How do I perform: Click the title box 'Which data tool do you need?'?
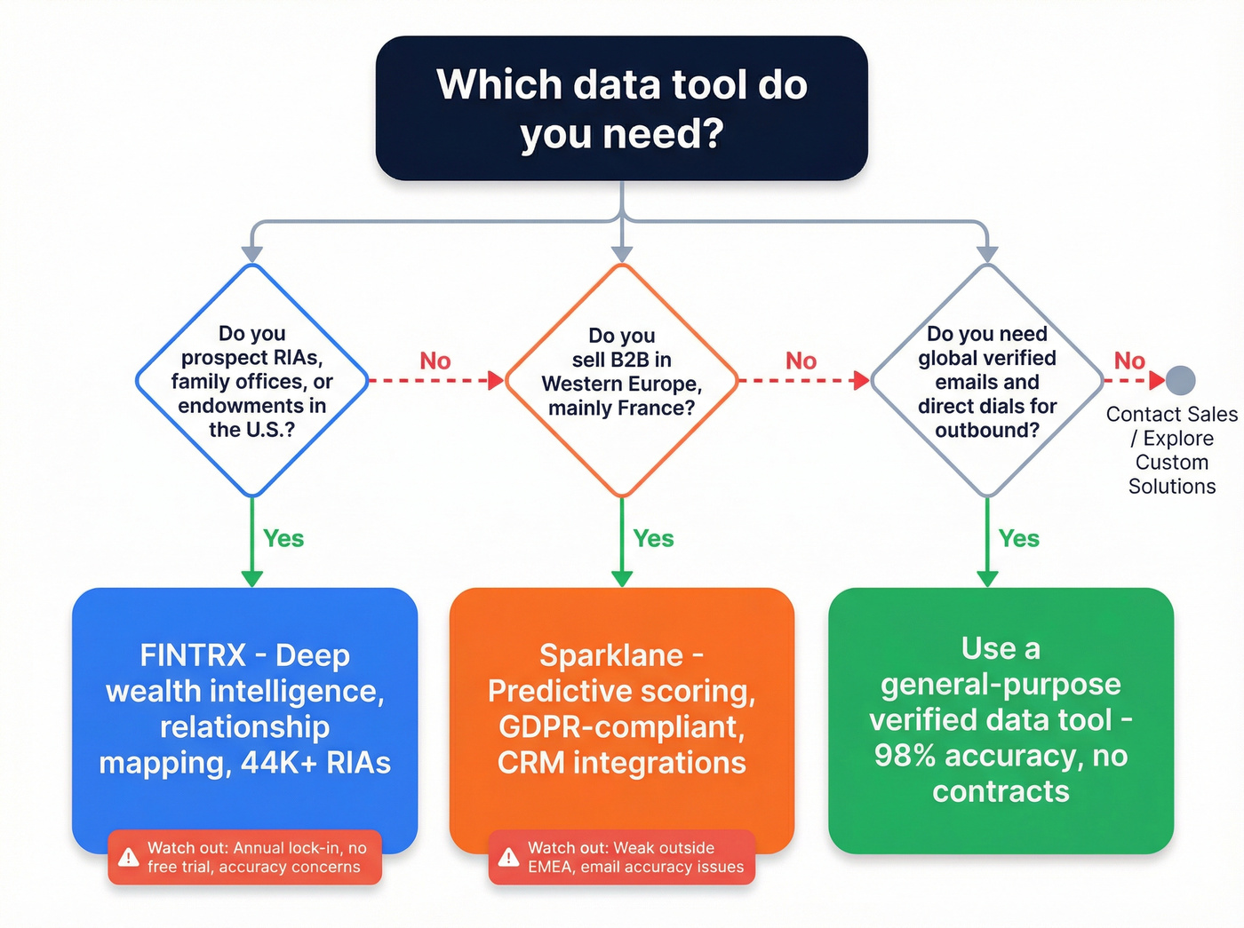(621, 108)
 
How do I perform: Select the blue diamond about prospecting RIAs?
(252, 381)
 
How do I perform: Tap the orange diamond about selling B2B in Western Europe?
(622, 381)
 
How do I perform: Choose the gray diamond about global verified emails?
(987, 381)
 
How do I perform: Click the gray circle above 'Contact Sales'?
(1180, 380)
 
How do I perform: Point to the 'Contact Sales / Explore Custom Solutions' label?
(1171, 450)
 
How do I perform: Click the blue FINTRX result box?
(244, 710)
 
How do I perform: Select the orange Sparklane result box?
(621, 710)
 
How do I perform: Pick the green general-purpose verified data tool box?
(1001, 720)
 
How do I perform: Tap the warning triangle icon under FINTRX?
(129, 857)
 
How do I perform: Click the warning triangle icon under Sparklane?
(508, 857)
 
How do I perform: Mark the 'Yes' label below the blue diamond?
(283, 539)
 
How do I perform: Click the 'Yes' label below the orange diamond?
(653, 539)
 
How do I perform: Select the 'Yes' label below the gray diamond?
(1018, 539)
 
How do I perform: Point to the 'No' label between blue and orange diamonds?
(435, 361)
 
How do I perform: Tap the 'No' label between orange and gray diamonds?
(801, 361)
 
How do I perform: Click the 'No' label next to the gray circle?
(1129, 361)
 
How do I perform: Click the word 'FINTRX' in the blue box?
(192, 655)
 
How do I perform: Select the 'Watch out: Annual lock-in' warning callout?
(245, 857)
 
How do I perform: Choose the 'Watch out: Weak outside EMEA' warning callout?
(622, 857)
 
